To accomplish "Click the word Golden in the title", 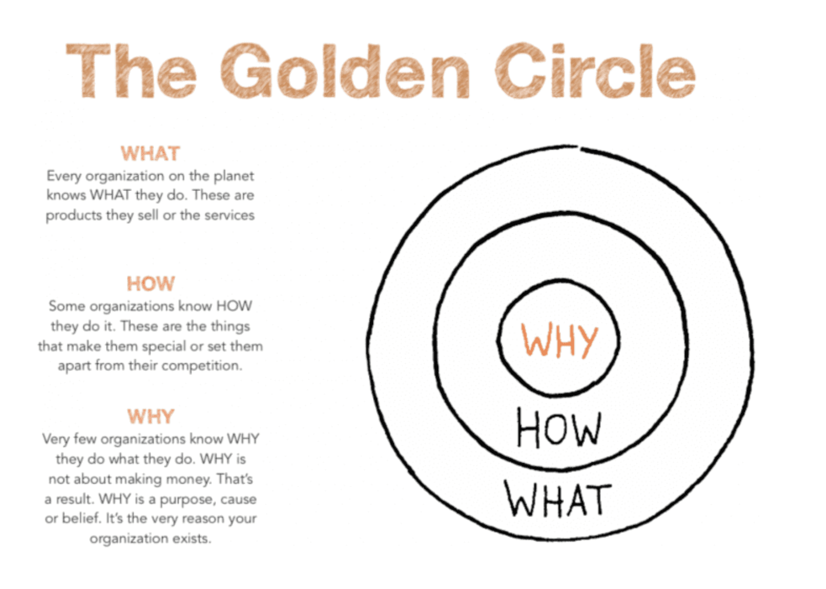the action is pos(345,71).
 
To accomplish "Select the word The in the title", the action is pos(131,71).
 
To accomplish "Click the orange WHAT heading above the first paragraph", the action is pos(150,154).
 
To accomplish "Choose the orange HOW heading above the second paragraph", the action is pos(150,284).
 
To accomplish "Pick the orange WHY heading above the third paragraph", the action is pos(150,417).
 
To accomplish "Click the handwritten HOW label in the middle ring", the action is pos(558,428).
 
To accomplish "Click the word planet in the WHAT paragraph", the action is pos(233,176).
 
